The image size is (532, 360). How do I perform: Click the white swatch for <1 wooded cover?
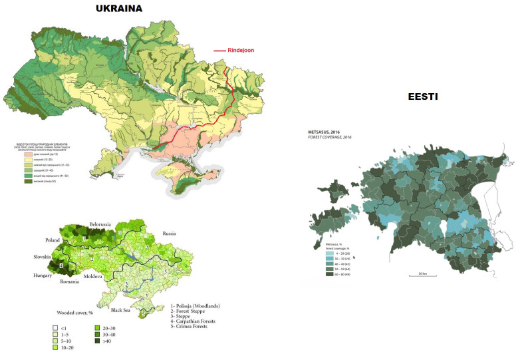[56, 329]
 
